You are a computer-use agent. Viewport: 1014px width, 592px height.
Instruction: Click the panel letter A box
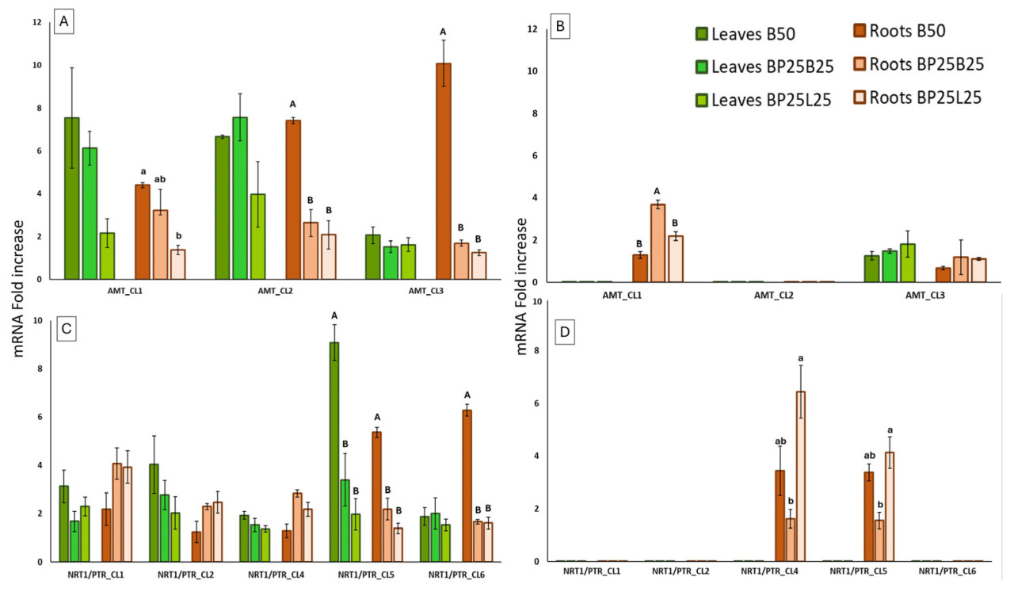[x=66, y=24]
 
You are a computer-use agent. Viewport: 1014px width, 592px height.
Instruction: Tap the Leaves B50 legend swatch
[x=700, y=34]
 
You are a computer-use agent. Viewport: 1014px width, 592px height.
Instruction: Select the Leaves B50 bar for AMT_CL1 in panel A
[x=72, y=198]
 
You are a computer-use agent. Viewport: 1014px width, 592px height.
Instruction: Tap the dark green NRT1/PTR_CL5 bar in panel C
[x=334, y=452]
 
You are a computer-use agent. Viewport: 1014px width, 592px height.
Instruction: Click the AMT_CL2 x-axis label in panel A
[x=276, y=290]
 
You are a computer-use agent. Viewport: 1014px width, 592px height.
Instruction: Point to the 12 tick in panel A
[x=36, y=23]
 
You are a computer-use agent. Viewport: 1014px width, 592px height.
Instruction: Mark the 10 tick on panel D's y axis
[x=538, y=302]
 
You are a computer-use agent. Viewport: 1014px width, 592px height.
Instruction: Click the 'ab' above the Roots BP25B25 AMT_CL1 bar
[x=160, y=179]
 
